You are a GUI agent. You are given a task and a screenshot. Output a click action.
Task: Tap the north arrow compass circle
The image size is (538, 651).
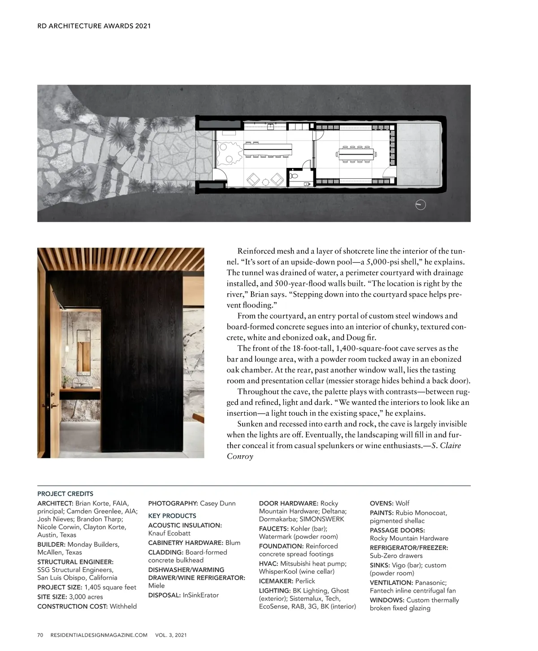pos(421,205)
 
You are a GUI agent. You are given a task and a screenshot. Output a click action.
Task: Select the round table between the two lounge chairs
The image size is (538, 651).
pos(265,181)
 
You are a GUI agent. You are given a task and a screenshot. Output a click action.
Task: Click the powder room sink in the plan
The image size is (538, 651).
pos(307,184)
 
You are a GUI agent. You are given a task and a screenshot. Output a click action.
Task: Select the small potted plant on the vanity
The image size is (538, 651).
pos(65,382)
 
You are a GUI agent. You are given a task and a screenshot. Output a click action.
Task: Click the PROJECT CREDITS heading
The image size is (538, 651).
pos(65,494)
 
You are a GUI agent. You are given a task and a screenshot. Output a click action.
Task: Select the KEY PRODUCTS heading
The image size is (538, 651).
pos(172,516)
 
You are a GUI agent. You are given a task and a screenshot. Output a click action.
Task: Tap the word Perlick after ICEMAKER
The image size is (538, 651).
pos(305,581)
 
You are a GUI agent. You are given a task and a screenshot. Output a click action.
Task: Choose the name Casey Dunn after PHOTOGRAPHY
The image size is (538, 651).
pos(217,503)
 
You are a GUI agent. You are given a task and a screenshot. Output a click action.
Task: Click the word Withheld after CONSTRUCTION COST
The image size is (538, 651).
pos(123,606)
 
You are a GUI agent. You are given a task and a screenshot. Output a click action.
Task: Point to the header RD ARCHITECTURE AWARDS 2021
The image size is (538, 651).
pos(94,26)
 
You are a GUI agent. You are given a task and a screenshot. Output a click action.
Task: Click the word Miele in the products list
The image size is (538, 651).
pos(156,585)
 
